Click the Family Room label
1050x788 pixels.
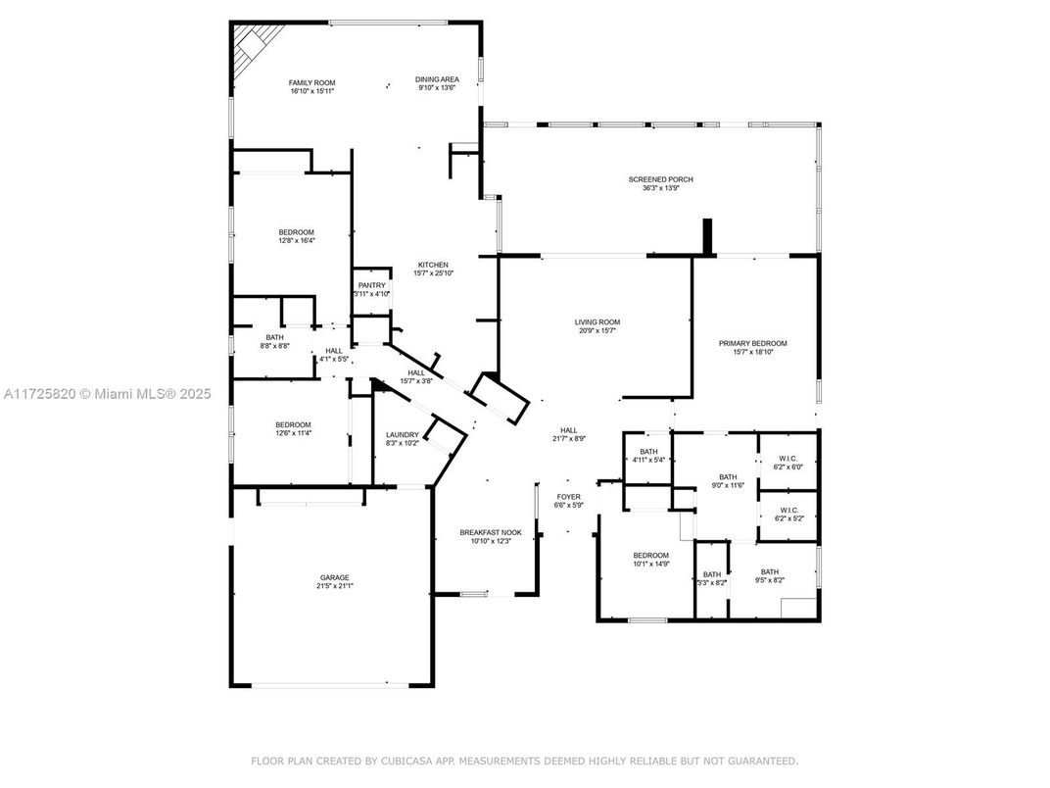tap(311, 86)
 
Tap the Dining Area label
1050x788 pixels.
tap(437, 83)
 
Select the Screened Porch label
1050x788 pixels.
tap(660, 183)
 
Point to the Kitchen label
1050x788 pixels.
tap(433, 269)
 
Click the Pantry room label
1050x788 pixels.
tap(372, 289)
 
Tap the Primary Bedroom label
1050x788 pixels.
tap(752, 347)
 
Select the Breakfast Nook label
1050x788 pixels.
tap(491, 537)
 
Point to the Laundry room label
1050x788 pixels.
tap(403, 438)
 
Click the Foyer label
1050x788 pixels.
tap(569, 501)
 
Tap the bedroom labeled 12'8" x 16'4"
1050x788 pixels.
tap(296, 236)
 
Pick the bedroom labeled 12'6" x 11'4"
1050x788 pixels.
tap(293, 428)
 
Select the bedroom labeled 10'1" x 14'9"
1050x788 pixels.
tap(650, 559)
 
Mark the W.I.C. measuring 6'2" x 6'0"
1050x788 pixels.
tap(788, 462)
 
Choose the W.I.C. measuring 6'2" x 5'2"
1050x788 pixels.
tap(788, 514)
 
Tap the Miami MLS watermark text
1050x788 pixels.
tap(108, 394)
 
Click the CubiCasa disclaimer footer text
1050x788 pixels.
tap(524, 761)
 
